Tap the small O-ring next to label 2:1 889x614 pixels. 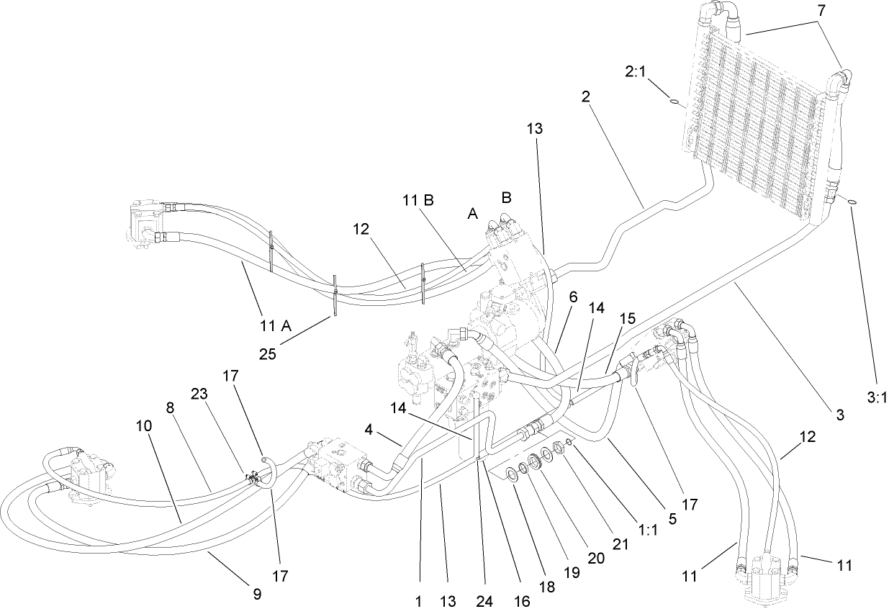674,102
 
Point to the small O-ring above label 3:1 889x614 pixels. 852,202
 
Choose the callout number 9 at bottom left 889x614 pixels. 257,594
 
